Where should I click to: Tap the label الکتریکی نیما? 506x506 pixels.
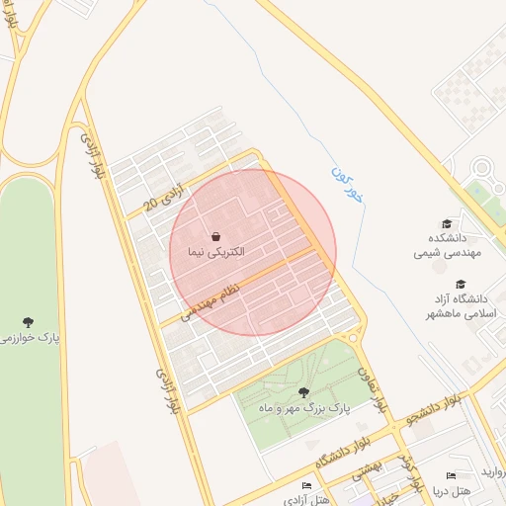[215, 253]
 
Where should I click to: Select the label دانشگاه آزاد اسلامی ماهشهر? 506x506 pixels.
[459, 305]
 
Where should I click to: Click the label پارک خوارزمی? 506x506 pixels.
[29, 338]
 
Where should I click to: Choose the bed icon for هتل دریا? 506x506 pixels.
[451, 475]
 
